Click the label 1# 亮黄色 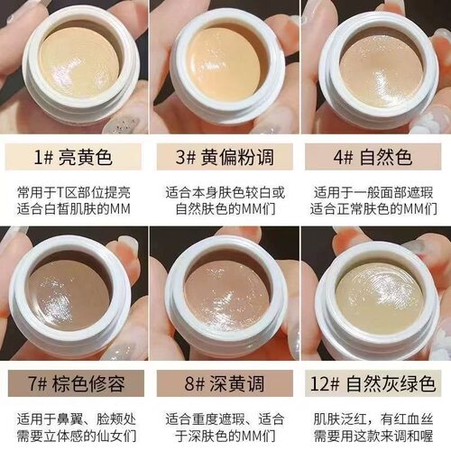pyautogui.click(x=74, y=159)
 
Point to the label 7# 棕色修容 pyautogui.click(x=74, y=382)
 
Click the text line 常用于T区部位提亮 pyautogui.click(x=74, y=191)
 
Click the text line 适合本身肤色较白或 pyautogui.click(x=225, y=191)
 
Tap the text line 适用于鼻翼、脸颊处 pyautogui.click(x=74, y=419)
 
